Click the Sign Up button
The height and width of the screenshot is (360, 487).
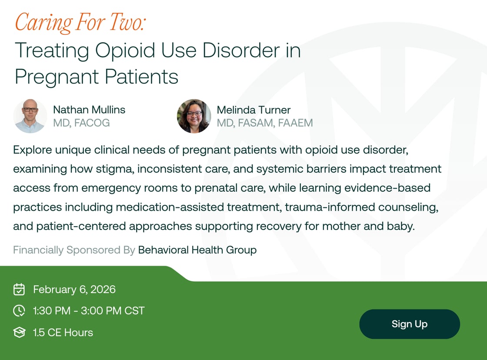click(x=409, y=324)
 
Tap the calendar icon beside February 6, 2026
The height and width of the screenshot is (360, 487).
click(x=19, y=289)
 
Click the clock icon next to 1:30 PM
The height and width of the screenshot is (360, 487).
click(x=19, y=310)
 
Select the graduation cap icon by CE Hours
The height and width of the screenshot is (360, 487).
click(x=19, y=333)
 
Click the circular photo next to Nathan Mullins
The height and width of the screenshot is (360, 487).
click(x=30, y=116)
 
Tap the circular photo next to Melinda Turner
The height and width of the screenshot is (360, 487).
click(x=194, y=116)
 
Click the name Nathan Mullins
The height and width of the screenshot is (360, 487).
click(x=89, y=110)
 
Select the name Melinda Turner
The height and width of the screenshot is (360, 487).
click(x=254, y=110)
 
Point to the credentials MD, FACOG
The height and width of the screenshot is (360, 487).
click(x=81, y=123)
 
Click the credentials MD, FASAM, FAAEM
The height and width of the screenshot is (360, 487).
click(x=265, y=123)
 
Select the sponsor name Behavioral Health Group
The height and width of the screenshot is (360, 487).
click(x=197, y=250)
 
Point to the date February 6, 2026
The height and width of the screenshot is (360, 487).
click(x=74, y=289)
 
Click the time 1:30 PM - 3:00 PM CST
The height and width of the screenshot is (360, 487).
click(x=89, y=310)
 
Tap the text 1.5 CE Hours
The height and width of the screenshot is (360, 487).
click(x=63, y=333)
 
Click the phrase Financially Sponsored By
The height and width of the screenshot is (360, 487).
click(x=73, y=250)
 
